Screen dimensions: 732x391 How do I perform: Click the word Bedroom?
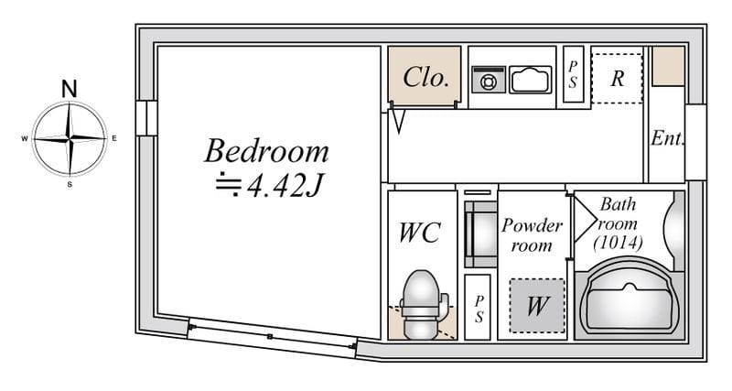pyautogui.click(x=266, y=151)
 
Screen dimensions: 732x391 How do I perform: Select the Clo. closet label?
pyautogui.click(x=426, y=78)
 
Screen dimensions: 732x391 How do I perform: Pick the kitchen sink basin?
pyautogui.click(x=531, y=80)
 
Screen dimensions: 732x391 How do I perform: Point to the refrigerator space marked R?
pyautogui.click(x=617, y=79)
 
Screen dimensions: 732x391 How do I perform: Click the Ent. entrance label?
pyautogui.click(x=668, y=137)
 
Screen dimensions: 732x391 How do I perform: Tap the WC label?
pyautogui.click(x=420, y=233)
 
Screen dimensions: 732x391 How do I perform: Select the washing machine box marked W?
pyautogui.click(x=537, y=306)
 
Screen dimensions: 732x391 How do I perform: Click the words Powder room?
pyautogui.click(x=532, y=235)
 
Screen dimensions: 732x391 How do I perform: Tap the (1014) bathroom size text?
pyautogui.click(x=619, y=243)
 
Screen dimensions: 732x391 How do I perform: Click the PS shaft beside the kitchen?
pyautogui.click(x=574, y=74)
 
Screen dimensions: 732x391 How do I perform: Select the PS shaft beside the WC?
pyautogui.click(x=478, y=307)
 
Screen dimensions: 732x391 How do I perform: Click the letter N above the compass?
pyautogui.click(x=70, y=89)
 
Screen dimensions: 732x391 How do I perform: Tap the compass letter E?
pyautogui.click(x=114, y=138)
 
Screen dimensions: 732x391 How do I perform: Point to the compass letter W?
pyautogui.click(x=25, y=139)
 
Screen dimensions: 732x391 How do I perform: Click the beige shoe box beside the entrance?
pyautogui.click(x=668, y=66)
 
